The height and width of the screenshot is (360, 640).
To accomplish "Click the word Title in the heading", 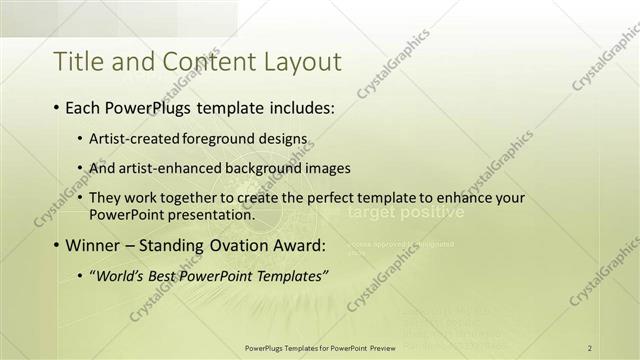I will [79, 62].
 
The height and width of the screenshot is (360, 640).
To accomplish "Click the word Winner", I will [93, 246].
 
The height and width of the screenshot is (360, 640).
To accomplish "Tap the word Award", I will [296, 246].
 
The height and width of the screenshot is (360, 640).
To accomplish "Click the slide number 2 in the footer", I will [590, 347].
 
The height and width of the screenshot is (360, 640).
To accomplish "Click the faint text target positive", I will [405, 213].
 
